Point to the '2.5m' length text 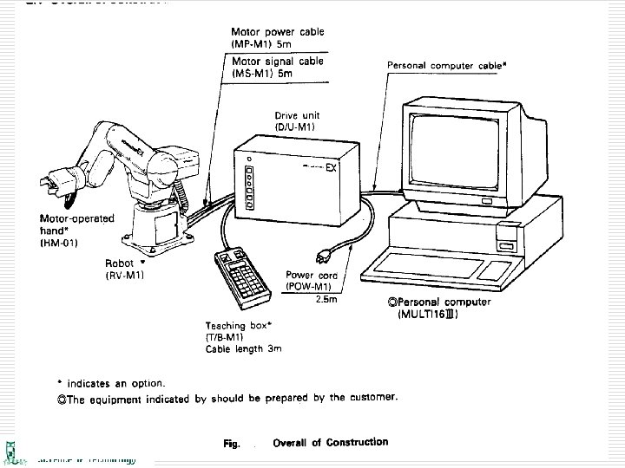[x=327, y=300]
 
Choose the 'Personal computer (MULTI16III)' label [x=439, y=308]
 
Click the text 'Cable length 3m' [x=244, y=349]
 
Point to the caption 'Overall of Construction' [x=330, y=442]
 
